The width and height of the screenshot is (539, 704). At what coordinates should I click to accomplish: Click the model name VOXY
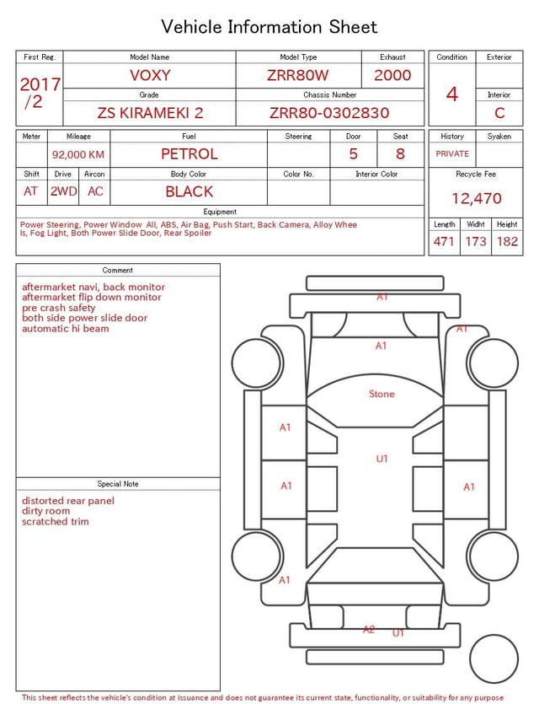(150, 75)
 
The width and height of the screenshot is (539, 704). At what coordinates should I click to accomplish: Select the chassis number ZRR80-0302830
(329, 113)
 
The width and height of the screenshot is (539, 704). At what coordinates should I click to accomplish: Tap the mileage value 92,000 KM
(78, 154)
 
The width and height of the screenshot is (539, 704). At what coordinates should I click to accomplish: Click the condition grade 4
(452, 94)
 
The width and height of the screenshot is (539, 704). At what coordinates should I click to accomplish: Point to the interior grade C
(499, 113)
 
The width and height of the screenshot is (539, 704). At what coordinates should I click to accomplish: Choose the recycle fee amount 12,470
(476, 198)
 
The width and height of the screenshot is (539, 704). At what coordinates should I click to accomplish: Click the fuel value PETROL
(189, 154)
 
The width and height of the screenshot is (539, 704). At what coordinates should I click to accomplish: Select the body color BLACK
(189, 191)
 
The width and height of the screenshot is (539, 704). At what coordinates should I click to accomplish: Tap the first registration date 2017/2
(40, 93)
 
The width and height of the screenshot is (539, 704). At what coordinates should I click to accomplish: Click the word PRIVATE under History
(452, 153)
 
